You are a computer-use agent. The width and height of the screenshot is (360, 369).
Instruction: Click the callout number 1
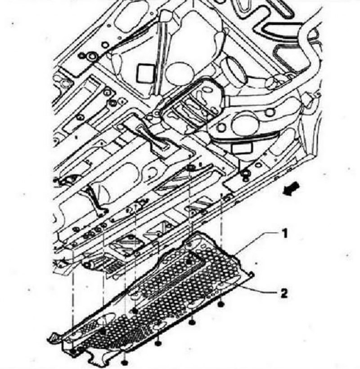285,234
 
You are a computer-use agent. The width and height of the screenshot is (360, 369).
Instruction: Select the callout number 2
284,293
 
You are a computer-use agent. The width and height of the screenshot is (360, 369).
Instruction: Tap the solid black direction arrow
291,189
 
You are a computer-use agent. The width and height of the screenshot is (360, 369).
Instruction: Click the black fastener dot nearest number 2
220,305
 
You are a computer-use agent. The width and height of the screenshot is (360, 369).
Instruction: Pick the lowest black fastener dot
125,362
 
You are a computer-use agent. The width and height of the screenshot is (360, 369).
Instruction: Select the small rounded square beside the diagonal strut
144,74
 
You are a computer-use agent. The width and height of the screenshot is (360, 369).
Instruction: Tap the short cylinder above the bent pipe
234,71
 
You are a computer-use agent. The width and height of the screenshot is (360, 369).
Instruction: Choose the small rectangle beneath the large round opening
242,148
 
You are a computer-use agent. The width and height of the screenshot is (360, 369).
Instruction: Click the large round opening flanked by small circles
243,124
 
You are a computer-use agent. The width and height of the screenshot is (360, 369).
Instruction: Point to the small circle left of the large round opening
221,127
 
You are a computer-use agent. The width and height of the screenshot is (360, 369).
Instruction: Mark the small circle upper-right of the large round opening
270,112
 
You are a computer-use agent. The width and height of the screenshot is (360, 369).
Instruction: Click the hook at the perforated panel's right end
251,274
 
